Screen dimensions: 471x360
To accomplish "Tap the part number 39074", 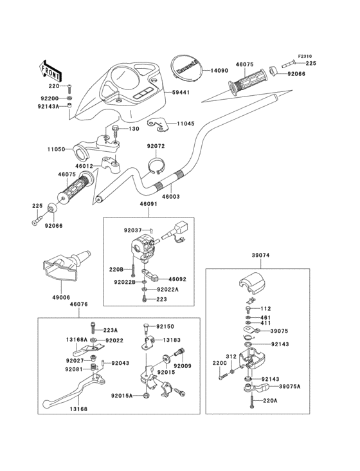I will [260, 255].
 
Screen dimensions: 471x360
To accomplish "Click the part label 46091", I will [148, 205].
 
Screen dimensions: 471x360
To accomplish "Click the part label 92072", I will [156, 146].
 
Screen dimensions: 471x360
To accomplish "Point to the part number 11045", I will [185, 122].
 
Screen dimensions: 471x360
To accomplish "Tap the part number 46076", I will [79, 304].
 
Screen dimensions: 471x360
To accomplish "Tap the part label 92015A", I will [122, 396].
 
